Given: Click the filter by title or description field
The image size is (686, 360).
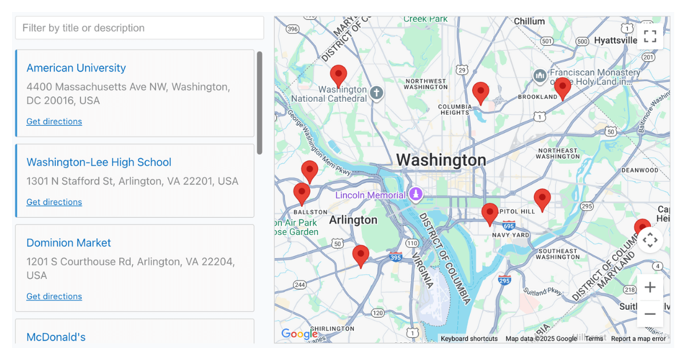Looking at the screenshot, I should tap(139, 28).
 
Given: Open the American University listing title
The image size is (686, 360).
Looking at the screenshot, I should tap(76, 68).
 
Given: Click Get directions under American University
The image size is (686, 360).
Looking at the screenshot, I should tap(54, 122).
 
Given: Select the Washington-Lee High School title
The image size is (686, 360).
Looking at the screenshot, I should tap(99, 162).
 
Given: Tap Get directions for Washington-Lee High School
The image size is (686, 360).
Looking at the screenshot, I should tap(54, 202).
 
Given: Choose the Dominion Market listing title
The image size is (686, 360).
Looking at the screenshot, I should tap(69, 243).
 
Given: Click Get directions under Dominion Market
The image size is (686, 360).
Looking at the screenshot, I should tap(54, 297).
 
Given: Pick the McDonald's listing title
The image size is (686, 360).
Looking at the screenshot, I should tap(56, 337).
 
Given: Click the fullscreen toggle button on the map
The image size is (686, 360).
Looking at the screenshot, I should tap(650, 36).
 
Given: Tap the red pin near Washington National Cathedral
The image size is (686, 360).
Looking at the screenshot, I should tap(338, 75).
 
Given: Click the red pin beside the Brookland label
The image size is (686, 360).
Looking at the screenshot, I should tap(563, 87).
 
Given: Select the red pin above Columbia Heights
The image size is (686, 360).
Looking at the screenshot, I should tap(481, 91).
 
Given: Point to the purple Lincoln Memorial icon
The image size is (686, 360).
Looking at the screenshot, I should tap(416, 194).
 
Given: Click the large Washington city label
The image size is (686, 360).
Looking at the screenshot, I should tap(441, 160).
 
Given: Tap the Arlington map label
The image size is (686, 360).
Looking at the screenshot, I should tap(353, 220).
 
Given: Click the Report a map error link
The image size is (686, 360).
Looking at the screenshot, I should tap(638, 339).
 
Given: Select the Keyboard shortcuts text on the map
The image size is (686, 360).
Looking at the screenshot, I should tap(469, 339).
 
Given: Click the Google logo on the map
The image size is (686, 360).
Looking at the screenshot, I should tap(299, 334).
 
